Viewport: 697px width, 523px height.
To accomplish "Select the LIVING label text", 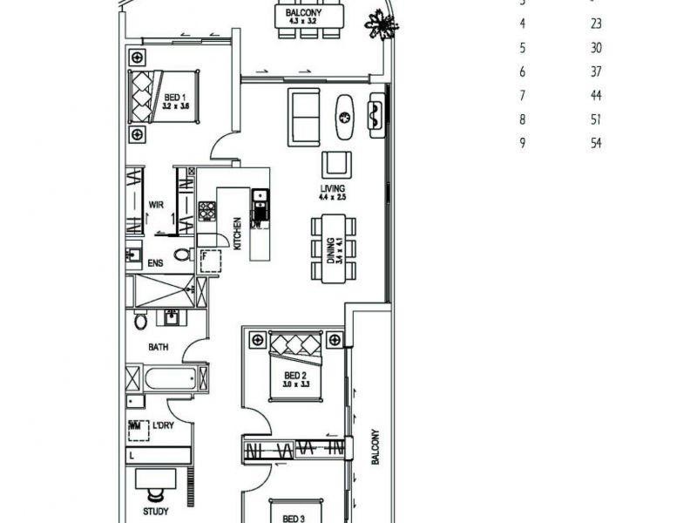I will [333, 188].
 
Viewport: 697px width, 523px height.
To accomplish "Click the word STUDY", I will [156, 512].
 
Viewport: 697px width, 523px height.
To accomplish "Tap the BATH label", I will [158, 347].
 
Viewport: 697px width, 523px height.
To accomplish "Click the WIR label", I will [157, 205].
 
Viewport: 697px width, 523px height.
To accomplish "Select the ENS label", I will [156, 261].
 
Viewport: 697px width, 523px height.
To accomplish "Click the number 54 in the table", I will [596, 143].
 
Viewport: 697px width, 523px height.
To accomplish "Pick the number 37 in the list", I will [596, 71].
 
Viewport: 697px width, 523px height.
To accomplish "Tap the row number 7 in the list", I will [523, 95].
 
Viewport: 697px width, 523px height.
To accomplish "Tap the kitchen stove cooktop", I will [206, 210].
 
